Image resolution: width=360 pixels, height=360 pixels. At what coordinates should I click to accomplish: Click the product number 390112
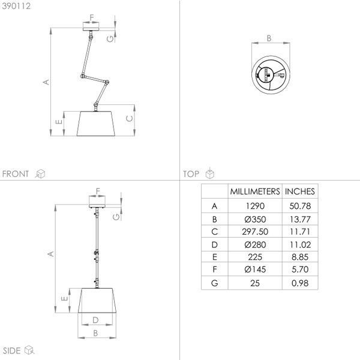click(x=16, y=6)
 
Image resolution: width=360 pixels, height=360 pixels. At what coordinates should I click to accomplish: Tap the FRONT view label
click(x=16, y=174)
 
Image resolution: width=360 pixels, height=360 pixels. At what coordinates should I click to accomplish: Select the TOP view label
click(x=191, y=174)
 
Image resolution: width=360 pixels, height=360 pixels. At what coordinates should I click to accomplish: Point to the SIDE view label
click(x=11, y=350)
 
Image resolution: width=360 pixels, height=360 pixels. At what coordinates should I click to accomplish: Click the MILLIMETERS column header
click(x=255, y=191)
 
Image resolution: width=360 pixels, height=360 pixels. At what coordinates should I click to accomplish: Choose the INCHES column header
click(x=300, y=191)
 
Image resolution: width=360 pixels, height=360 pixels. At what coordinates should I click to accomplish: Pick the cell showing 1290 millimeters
click(x=255, y=206)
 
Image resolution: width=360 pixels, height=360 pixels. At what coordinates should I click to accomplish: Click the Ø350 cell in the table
click(x=255, y=219)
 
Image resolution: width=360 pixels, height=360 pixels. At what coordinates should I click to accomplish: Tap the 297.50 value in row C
click(x=255, y=232)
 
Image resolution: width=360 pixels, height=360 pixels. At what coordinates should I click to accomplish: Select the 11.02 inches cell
click(x=300, y=245)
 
